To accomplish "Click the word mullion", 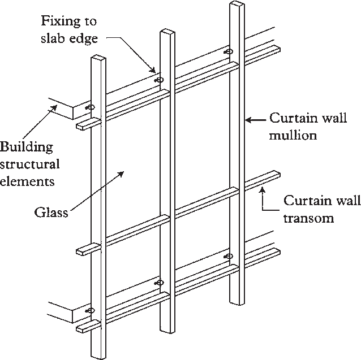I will point(293,136).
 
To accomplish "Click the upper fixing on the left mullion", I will point(89,107).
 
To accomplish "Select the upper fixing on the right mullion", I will point(229,52).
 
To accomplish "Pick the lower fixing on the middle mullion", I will point(159,282).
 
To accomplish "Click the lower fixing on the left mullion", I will point(89,310).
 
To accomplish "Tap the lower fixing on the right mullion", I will point(229,256).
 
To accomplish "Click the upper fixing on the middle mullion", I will point(159,80).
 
